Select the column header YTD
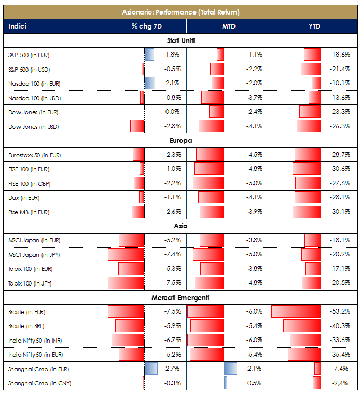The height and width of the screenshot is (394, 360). [x=314, y=26]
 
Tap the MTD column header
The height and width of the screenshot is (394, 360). [x=228, y=26]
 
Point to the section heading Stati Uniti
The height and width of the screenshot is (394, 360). [x=180, y=40]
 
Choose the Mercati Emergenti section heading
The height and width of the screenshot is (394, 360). [x=180, y=298]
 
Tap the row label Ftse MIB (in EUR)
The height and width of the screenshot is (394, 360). [x=29, y=212]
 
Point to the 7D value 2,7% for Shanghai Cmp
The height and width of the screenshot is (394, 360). [x=172, y=369]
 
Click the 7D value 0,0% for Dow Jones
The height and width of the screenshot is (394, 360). [x=172, y=112]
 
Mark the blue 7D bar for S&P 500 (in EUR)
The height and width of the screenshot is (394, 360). [x=149, y=55]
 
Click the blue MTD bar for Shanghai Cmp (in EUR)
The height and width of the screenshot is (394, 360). [x=230, y=369]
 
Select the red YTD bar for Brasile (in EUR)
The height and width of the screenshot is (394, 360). [x=296, y=312]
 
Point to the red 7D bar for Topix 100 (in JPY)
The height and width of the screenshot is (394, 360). [x=126, y=283]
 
